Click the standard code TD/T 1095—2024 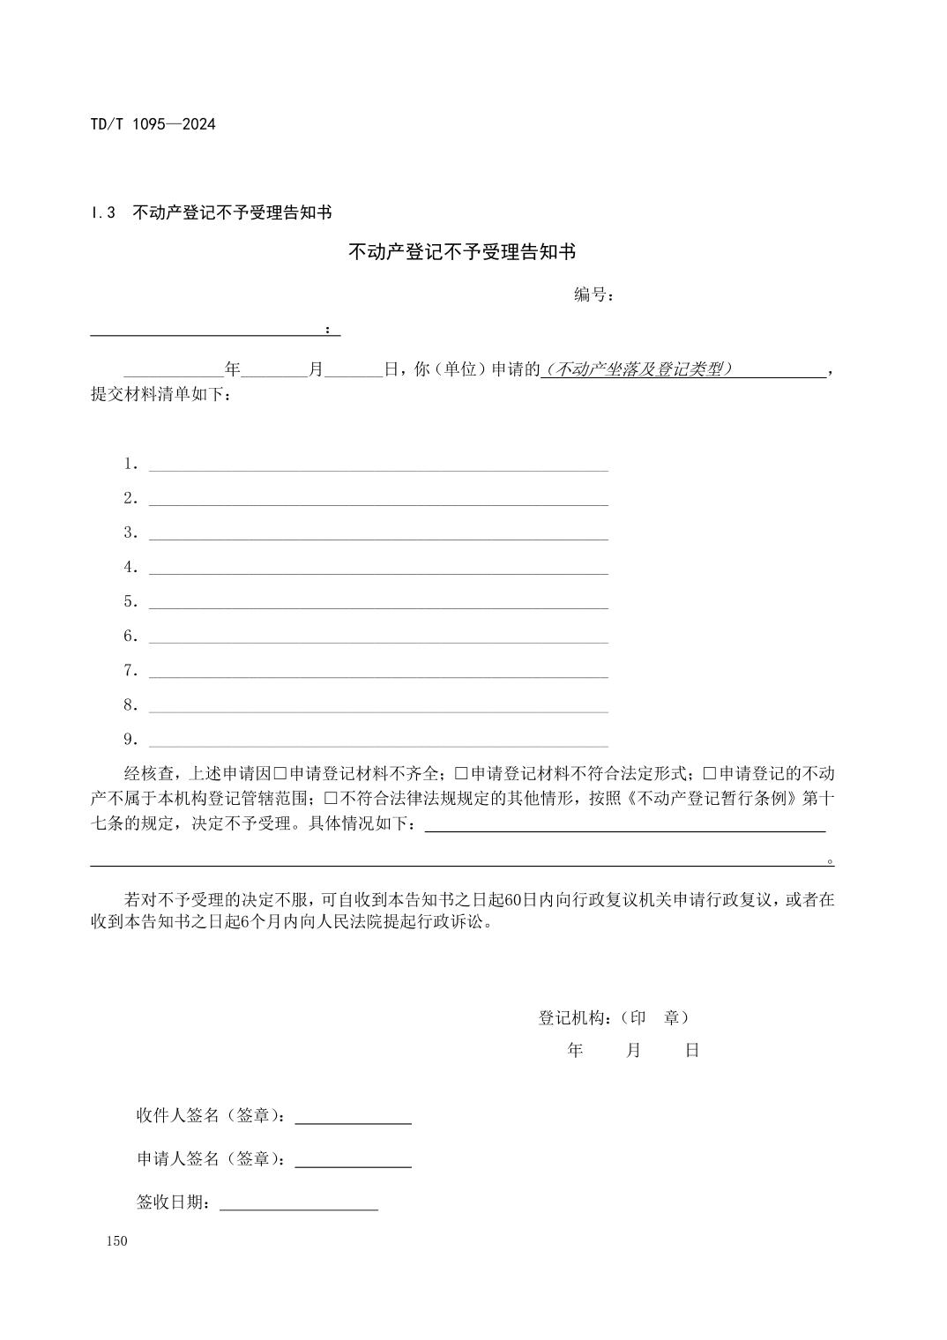click(x=153, y=123)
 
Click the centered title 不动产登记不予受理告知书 click(x=462, y=252)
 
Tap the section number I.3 click(x=103, y=212)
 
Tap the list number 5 click(x=130, y=602)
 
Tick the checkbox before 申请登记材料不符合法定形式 click(x=461, y=774)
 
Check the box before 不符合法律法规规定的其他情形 click(x=331, y=799)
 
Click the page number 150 click(x=116, y=1241)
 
